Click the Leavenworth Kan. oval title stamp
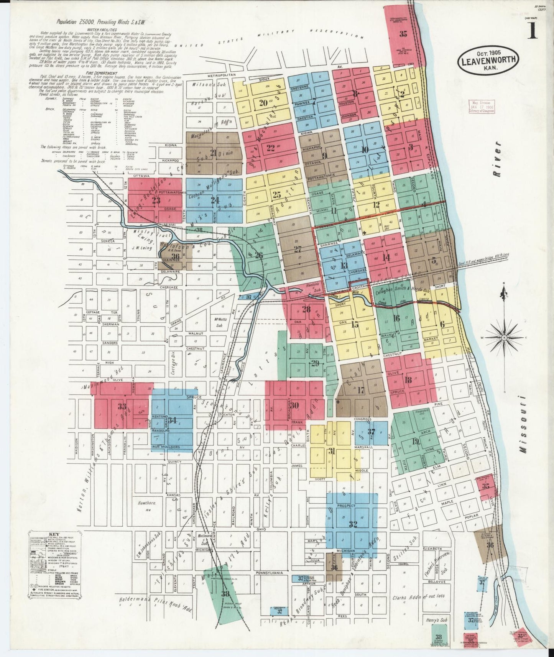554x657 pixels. (x=488, y=59)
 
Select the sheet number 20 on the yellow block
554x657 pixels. (x=263, y=103)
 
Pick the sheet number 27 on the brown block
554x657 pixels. (x=298, y=249)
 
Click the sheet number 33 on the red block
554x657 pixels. (x=122, y=406)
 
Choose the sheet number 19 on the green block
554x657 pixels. (x=415, y=441)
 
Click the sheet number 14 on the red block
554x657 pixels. (x=386, y=258)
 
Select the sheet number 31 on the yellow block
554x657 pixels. (x=332, y=451)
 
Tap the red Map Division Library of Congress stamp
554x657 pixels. (x=481, y=106)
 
